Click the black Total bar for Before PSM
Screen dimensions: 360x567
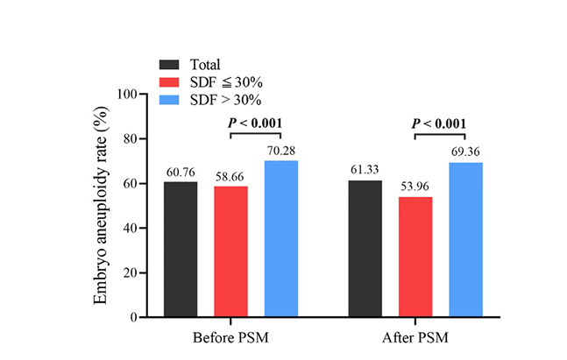coord(181,250)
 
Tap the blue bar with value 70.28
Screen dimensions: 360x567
coord(280,239)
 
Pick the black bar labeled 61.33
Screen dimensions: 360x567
coord(365,249)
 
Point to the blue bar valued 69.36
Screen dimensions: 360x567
coord(465,240)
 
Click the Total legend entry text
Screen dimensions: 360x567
coord(204,65)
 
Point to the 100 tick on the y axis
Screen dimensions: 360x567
coord(125,95)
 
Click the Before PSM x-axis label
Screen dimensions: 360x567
coord(230,337)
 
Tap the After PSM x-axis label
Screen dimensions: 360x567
coord(415,337)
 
